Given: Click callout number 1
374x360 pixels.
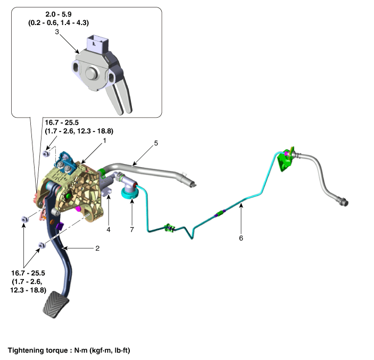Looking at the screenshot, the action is (104, 141).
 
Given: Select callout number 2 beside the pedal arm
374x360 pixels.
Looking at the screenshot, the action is (97, 248).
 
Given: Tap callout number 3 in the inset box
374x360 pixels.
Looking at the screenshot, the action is (57, 32).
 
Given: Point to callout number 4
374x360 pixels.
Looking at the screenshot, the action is (109, 230).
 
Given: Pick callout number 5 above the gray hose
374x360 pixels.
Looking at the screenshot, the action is (156, 143).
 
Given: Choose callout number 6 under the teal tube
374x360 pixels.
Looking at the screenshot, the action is (241, 238).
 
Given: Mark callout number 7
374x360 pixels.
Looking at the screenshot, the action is (132, 230).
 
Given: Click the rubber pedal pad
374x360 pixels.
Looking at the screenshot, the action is (56, 305).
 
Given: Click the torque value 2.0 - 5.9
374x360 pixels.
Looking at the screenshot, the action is (59, 14).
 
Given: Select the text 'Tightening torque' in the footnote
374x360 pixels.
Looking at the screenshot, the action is (38, 350).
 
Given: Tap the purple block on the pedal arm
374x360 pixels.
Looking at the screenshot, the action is (60, 226).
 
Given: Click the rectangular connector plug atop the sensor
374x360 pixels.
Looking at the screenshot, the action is (97, 44).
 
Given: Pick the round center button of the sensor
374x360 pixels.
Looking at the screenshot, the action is (91, 73).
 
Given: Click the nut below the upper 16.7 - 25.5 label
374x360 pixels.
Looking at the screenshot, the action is (46, 153).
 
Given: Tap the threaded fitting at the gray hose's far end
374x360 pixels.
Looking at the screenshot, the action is (344, 202).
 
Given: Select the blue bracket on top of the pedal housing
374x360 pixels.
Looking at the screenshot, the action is (65, 163).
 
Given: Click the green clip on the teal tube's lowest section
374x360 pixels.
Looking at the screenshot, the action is (169, 228).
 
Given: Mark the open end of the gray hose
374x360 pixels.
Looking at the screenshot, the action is (192, 184).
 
